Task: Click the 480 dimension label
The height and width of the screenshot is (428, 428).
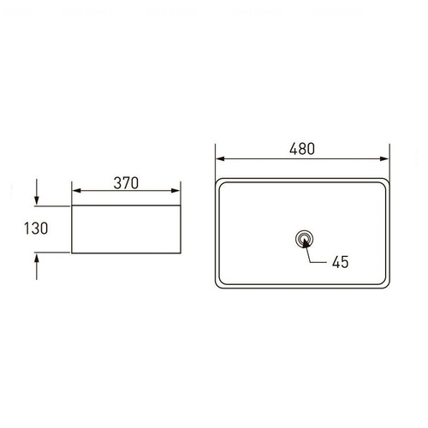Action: (x=302, y=149)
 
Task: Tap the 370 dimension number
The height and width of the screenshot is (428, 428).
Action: (x=126, y=183)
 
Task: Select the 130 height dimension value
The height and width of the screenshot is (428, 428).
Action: (x=36, y=229)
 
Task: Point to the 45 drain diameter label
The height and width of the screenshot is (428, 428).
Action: (x=340, y=262)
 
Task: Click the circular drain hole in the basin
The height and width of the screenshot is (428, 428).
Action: (x=305, y=239)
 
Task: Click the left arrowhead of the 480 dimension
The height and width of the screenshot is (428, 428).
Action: (x=220, y=158)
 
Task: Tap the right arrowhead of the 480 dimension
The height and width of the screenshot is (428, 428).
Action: (x=384, y=158)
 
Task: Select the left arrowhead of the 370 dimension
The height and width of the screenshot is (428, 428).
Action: (x=76, y=191)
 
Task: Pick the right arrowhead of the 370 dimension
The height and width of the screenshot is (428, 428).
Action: (x=175, y=191)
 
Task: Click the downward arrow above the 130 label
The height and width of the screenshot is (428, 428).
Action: (x=37, y=192)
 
